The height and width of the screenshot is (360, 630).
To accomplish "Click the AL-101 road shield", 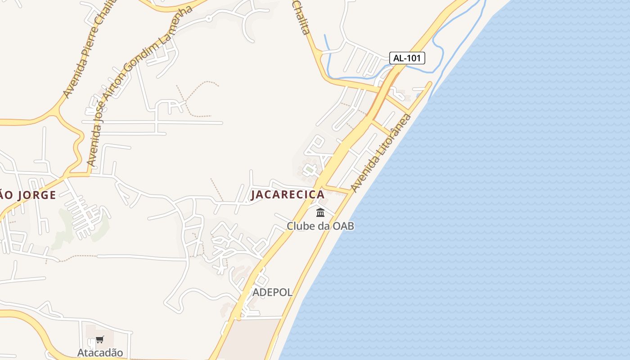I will pyautogui.click(x=407, y=58).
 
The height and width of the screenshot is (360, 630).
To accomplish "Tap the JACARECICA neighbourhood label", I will pyautogui.click(x=288, y=194).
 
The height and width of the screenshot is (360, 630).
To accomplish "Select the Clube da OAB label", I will pyautogui.click(x=320, y=226).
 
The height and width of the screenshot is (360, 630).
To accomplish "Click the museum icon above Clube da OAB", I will pyautogui.click(x=320, y=212).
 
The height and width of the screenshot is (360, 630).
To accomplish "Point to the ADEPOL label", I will pyautogui.click(x=272, y=292).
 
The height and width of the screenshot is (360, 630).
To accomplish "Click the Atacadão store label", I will pyautogui.click(x=100, y=353).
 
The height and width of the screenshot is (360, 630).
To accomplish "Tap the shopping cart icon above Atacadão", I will pyautogui.click(x=100, y=340).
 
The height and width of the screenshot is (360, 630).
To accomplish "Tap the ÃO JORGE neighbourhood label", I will pyautogui.click(x=28, y=195).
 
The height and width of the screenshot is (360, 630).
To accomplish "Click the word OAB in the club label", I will pyautogui.click(x=343, y=226).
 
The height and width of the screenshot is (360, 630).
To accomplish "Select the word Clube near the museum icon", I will pyautogui.click(x=301, y=226).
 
